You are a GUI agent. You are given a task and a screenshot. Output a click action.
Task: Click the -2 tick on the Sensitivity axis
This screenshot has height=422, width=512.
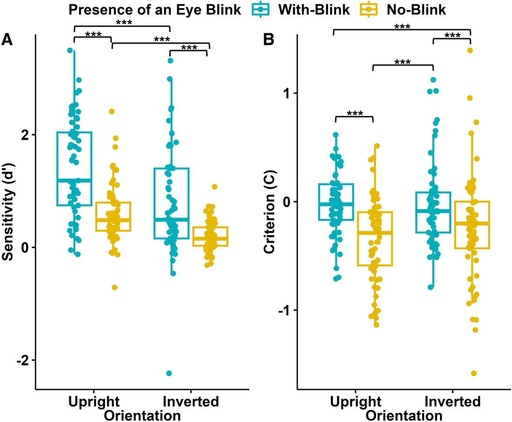[x=22, y=360]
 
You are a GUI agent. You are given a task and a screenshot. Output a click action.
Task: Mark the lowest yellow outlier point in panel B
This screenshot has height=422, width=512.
[x=474, y=373]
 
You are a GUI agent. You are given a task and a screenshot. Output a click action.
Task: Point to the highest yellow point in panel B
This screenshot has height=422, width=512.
[x=470, y=50]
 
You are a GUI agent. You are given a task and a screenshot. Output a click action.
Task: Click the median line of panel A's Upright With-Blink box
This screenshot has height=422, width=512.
[x=74, y=180]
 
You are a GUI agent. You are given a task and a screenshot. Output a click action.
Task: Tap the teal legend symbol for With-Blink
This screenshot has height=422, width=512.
[x=261, y=10]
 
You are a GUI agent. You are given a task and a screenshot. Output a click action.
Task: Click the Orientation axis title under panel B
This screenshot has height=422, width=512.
[x=404, y=415]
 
